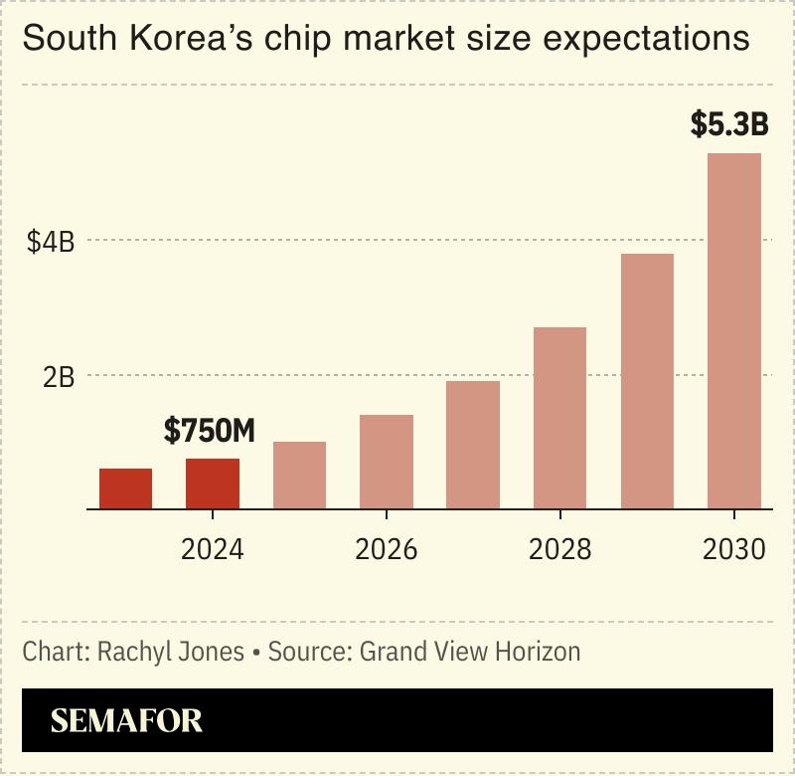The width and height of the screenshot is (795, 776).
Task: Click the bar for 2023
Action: pos(125,488)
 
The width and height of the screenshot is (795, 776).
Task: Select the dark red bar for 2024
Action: pos(213,484)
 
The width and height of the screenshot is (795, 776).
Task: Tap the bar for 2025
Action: pos(299,476)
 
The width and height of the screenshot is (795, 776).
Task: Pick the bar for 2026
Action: pos(386,462)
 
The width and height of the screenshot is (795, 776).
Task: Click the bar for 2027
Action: pos(473,445)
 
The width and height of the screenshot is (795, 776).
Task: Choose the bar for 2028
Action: pos(559,418)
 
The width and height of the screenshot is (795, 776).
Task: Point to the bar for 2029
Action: pos(647,381)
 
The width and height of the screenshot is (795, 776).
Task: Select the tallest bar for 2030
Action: pos(733,331)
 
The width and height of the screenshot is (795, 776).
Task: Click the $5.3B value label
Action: pos(729,126)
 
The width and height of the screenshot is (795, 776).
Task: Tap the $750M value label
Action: pos(210,431)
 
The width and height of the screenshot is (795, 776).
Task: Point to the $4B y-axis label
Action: pos(51,241)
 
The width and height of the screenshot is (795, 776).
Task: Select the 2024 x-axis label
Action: pos(213,549)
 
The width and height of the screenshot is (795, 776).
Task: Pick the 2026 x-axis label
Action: pos(386,549)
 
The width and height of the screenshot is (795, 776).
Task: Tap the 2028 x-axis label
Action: pos(559,549)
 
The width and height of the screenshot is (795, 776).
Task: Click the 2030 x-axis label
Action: pos(733,549)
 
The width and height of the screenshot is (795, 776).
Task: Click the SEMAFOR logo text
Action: pos(126,720)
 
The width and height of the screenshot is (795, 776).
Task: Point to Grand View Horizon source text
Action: pos(469,653)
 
